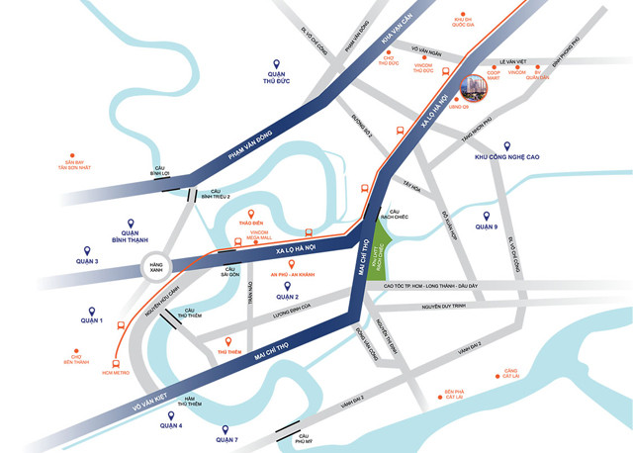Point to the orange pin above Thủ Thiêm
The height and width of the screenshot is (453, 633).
(228, 339)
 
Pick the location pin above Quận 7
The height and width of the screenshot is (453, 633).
(227, 426)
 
